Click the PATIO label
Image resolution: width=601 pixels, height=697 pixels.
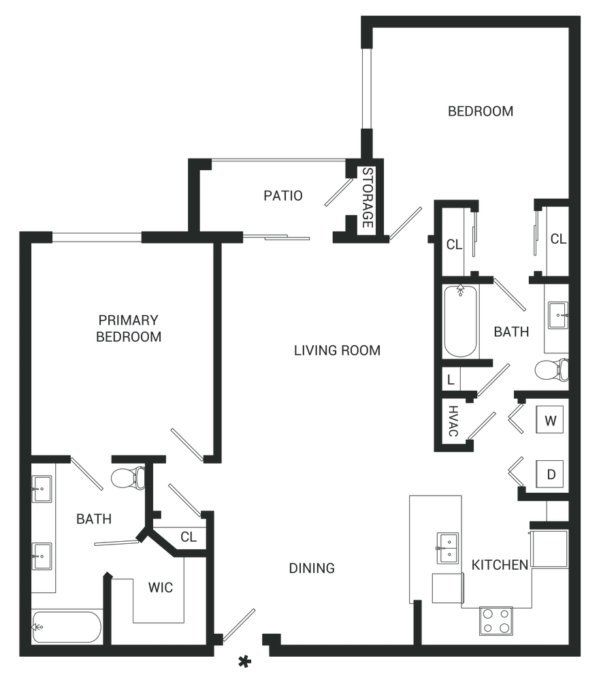[283, 197]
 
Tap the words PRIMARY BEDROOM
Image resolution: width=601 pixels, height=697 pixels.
[129, 328]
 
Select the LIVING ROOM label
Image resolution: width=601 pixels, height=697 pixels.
[337, 351]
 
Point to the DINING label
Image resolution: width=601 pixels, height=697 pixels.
[312, 568]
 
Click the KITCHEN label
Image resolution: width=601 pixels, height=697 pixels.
[500, 565]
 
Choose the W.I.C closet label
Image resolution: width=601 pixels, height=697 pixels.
[161, 588]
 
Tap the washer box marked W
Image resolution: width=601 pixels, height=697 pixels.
[550, 421]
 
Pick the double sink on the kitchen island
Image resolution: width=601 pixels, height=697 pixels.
[446, 547]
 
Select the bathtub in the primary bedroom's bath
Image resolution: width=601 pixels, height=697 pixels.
[67, 625]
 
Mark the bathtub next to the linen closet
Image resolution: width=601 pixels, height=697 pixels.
[461, 322]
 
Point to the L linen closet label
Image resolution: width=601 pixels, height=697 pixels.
[450, 378]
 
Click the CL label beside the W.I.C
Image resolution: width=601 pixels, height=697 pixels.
[188, 536]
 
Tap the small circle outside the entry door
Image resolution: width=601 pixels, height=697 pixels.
[243, 660]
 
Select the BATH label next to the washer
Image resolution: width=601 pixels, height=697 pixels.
[511, 333]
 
